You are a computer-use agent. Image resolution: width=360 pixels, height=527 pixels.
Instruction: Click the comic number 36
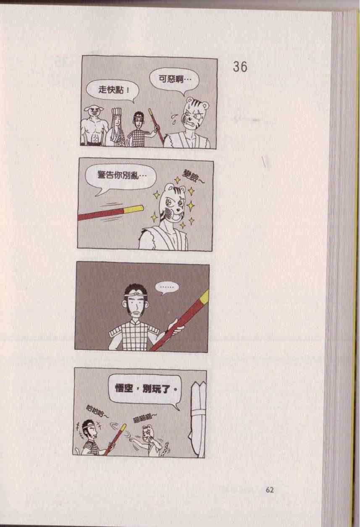tap(240, 67)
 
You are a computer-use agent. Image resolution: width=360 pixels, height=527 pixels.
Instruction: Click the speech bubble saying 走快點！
tap(113, 90)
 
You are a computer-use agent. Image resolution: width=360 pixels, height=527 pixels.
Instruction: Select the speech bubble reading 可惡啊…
tap(174, 79)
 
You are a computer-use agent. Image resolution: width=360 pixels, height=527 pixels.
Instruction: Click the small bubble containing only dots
tap(167, 288)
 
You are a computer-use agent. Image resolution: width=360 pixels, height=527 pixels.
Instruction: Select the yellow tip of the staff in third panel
tap(204, 296)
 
